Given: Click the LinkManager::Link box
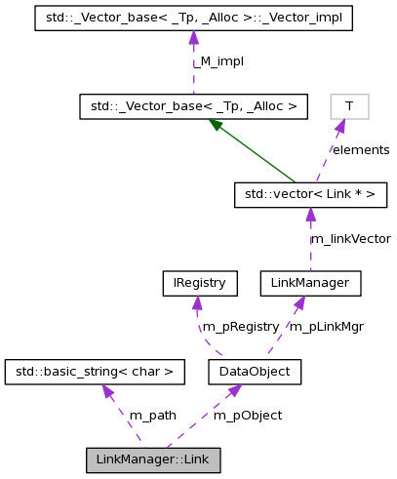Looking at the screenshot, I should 153,459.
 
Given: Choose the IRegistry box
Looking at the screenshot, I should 199,283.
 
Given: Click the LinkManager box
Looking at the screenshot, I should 311,283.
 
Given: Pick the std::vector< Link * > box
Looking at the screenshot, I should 311,195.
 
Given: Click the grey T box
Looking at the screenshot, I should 349,106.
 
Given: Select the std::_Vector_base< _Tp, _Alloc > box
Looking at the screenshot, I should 193,106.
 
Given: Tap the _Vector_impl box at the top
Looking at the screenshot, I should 193,19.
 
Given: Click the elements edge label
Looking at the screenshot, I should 360,150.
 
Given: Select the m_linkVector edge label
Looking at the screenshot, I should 350,238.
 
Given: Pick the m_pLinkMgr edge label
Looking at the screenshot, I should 327,327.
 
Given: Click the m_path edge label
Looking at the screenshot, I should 152,415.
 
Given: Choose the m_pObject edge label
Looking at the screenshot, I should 248,415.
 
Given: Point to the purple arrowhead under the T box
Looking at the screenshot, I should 340,126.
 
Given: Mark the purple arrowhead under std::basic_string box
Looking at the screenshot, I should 107,391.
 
